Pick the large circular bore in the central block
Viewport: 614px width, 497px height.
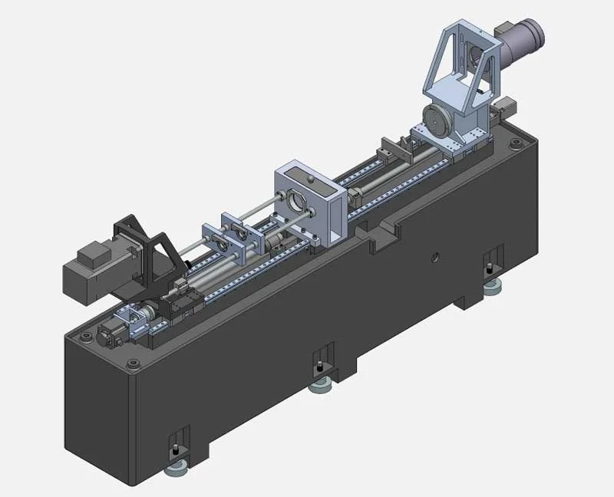(x=293, y=202)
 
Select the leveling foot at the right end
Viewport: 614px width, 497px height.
(x=492, y=288)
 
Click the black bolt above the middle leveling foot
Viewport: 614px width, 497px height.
(x=320, y=367)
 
